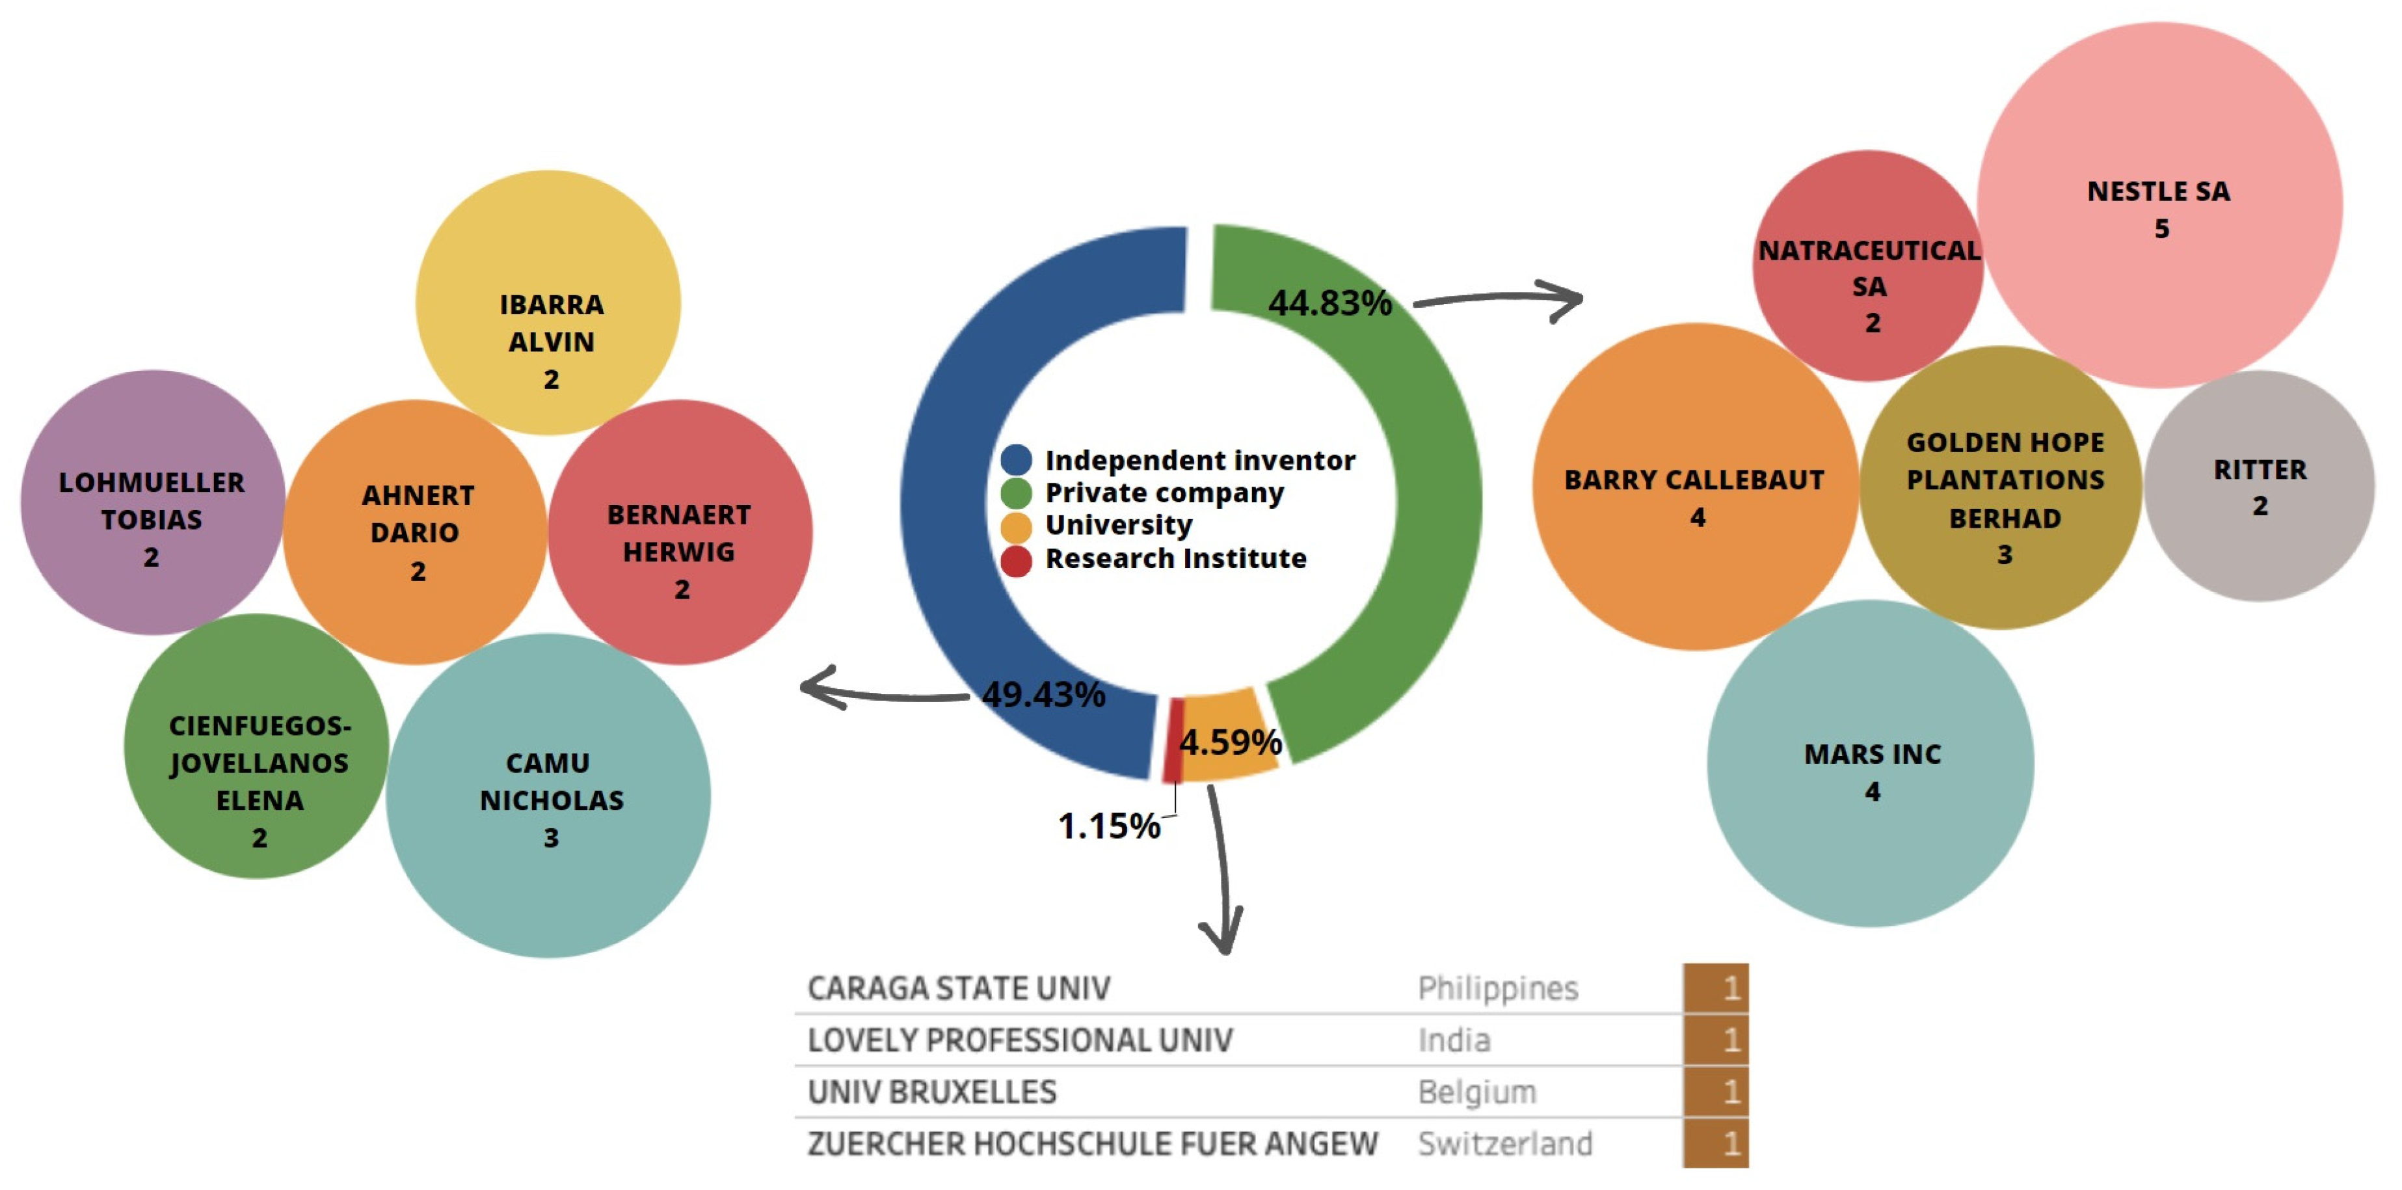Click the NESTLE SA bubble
(2159, 205)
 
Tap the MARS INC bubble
(1871, 764)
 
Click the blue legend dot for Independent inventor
(1015, 460)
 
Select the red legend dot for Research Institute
(1015, 560)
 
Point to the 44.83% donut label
(1329, 303)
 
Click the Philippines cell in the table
(1497, 988)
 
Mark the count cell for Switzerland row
(1716, 1143)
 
